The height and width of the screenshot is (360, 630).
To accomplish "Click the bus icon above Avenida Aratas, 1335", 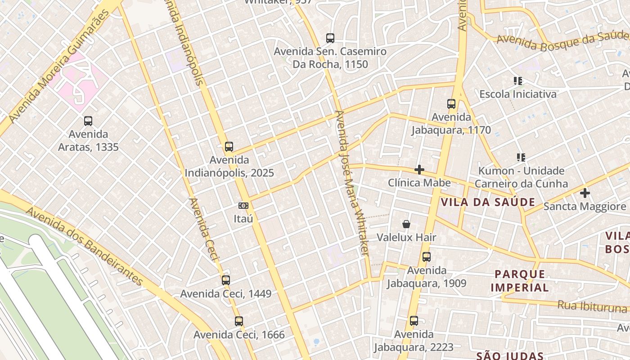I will coord(88,121).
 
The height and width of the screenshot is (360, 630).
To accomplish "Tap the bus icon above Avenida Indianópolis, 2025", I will coord(229,146).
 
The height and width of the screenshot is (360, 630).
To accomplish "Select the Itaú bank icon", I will coord(243,206).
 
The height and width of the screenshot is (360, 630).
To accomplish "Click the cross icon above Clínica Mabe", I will coord(419,170).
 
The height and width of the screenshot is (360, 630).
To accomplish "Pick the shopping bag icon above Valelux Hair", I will coord(406,224).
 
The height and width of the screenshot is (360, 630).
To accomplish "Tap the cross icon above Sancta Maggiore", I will coord(585,193).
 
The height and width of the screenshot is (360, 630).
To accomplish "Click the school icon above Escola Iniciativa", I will coord(518,81).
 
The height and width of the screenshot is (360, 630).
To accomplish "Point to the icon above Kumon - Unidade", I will coord(521,157).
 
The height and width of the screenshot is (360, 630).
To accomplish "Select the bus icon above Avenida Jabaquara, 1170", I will coord(451,104).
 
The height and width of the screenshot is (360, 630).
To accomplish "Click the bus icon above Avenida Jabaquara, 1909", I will coord(427,257).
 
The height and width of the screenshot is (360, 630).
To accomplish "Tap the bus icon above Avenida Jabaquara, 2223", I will coord(414,321).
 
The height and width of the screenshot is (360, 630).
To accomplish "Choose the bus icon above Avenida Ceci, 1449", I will coord(226,280).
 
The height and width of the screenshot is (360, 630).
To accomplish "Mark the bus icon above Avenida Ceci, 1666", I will coord(239,321).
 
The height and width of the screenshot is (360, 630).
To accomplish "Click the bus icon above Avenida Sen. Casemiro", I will coord(330,38).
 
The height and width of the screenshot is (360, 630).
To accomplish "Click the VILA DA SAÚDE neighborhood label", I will coord(488,202).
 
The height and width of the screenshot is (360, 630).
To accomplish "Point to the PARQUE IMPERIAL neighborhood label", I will coord(520,281).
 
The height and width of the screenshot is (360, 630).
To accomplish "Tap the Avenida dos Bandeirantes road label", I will coord(84,246).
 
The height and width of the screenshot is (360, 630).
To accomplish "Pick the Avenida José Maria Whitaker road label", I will coord(352,182).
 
